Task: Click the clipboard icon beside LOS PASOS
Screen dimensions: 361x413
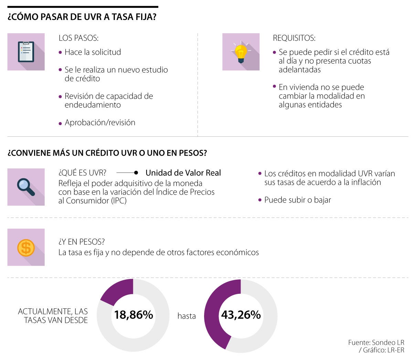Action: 26,52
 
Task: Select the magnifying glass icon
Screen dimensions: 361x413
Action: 26,187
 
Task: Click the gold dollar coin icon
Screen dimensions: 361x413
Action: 26,247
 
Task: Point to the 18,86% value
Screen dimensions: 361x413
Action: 134,315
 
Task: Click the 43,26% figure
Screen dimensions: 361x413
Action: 241,315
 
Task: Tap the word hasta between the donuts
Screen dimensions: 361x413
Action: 187,316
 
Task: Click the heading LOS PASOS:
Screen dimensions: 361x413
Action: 78,38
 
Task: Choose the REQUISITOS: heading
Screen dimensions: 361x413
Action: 294,38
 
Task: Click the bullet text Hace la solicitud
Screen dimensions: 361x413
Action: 93,52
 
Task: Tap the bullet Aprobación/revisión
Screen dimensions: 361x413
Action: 100,123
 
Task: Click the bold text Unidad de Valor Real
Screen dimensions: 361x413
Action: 183,173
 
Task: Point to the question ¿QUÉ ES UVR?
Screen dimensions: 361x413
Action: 82,173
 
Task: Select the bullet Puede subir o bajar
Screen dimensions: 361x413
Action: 297,200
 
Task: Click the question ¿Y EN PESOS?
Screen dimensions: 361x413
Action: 82,242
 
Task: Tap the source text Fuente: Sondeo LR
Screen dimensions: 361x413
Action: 376,342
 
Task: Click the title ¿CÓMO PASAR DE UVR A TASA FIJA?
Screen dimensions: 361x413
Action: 82,17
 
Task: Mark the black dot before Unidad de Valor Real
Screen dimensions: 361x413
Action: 136,173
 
